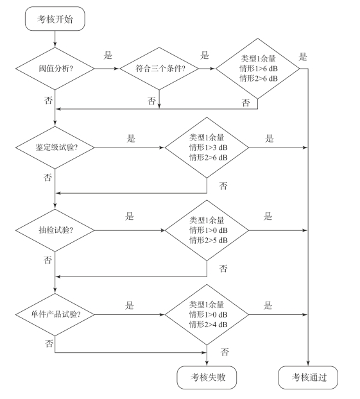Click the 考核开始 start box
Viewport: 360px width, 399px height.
(x=55, y=19)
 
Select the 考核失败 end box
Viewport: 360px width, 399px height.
(x=207, y=377)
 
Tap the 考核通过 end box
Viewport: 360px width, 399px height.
(x=308, y=377)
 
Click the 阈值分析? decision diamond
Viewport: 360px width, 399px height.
(x=55, y=69)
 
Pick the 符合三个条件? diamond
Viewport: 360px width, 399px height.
(x=159, y=69)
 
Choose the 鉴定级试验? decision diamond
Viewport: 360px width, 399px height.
(x=55, y=148)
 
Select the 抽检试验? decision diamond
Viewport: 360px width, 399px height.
(x=55, y=230)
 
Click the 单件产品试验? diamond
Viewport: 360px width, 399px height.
(x=55, y=314)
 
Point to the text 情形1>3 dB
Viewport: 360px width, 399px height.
(x=209, y=148)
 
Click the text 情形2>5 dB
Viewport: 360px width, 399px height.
(x=209, y=240)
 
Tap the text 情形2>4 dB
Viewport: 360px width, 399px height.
(x=209, y=325)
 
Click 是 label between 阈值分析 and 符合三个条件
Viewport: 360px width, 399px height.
(x=108, y=55)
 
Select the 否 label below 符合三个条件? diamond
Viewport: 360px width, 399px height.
(x=151, y=101)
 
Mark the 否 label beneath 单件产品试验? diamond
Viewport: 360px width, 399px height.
(x=49, y=344)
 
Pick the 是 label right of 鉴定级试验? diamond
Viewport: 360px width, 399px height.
(x=131, y=139)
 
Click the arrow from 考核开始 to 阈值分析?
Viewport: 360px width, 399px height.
(x=55, y=39)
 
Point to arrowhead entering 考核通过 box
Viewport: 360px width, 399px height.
(x=308, y=363)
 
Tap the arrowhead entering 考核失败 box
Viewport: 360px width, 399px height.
(x=207, y=363)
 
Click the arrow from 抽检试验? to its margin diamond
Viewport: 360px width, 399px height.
(x=130, y=230)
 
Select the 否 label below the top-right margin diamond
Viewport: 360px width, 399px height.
(x=246, y=103)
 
